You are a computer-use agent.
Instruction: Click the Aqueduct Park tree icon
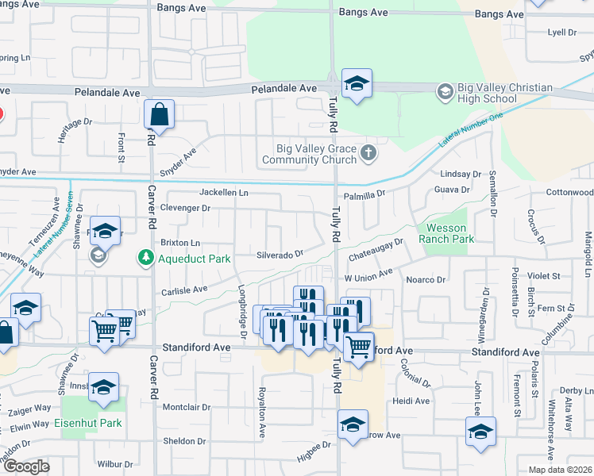[x=145, y=258]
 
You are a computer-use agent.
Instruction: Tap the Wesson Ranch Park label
[x=450, y=233]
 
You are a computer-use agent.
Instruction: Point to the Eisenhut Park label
[x=88, y=423]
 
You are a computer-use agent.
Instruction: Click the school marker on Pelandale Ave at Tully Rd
[x=357, y=84]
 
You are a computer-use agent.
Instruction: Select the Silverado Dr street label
[x=280, y=255]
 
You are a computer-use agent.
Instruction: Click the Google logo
[x=26, y=466]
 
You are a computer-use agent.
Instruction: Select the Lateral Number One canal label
[x=471, y=130]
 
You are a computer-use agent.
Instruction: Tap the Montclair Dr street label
[x=186, y=407]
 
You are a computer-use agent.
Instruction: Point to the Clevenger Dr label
[x=184, y=208]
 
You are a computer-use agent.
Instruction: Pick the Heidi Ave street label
[x=411, y=401]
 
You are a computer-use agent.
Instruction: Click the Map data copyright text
[x=560, y=470]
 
